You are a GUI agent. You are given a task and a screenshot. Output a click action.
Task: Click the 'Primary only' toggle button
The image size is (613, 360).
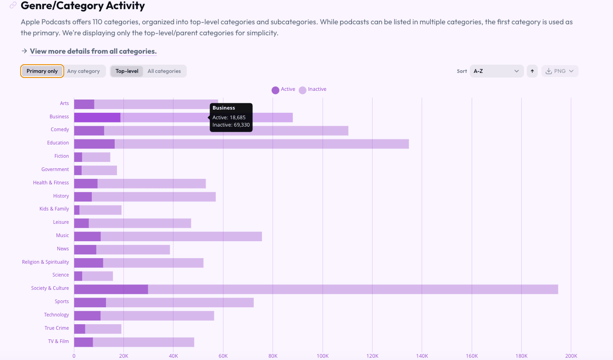tap(42, 71)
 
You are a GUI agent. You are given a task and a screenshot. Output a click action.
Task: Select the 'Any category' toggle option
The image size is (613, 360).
tap(83, 71)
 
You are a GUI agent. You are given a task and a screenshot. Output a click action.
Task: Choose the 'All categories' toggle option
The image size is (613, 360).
tap(164, 71)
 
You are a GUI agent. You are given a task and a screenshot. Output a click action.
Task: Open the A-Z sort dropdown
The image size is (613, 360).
tap(496, 71)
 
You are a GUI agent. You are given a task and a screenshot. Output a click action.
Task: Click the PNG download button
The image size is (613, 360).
tap(560, 71)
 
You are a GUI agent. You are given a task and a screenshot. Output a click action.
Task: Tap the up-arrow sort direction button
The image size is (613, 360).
tap(532, 71)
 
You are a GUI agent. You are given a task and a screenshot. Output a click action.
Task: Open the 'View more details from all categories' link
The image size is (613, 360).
tap(93, 51)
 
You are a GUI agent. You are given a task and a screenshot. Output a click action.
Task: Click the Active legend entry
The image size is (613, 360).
tap(284, 89)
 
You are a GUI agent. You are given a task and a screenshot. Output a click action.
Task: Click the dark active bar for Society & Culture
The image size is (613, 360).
tap(111, 289)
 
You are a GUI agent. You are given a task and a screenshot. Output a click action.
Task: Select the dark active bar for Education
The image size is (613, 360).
tap(94, 144)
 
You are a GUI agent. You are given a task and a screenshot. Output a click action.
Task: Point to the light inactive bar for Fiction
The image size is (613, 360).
tap(96, 157)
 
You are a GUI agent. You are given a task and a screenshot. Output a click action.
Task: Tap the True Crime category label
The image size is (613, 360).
tap(56, 328)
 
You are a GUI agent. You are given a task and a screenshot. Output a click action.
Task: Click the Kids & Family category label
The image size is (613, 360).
tap(54, 209)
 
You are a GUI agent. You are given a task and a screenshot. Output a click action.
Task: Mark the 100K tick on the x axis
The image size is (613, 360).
tap(323, 356)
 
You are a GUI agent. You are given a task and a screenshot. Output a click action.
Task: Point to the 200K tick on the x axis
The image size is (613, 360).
tap(571, 356)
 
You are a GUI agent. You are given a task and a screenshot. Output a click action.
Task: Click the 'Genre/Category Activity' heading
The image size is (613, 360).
tap(83, 6)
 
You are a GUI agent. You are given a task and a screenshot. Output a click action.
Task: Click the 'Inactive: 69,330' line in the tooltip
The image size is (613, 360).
tap(231, 125)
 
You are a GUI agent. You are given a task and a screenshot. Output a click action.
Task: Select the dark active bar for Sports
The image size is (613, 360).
tap(90, 302)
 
